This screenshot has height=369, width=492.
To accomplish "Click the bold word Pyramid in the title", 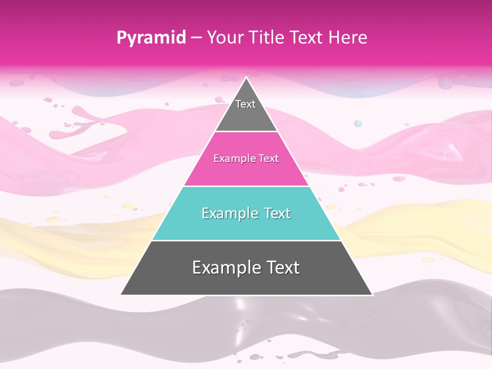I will pyautogui.click(x=151, y=38).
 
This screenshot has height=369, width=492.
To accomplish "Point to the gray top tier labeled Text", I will pyautogui.click(x=246, y=110).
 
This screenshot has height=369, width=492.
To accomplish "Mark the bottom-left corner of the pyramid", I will pyautogui.click(x=121, y=295).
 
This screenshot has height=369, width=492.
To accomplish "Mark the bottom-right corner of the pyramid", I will pyautogui.click(x=372, y=295).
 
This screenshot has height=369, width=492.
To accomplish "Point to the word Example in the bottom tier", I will pyautogui.click(x=226, y=267).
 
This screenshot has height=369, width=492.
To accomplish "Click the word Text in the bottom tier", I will pyautogui.click(x=281, y=267).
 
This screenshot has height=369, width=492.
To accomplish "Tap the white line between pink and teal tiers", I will pyautogui.click(x=246, y=186).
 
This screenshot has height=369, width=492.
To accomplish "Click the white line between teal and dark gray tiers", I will pyautogui.click(x=246, y=240).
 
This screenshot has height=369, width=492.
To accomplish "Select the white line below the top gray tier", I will pyautogui.click(x=246, y=132).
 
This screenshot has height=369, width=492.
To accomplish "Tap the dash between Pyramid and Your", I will pyautogui.click(x=196, y=38).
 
